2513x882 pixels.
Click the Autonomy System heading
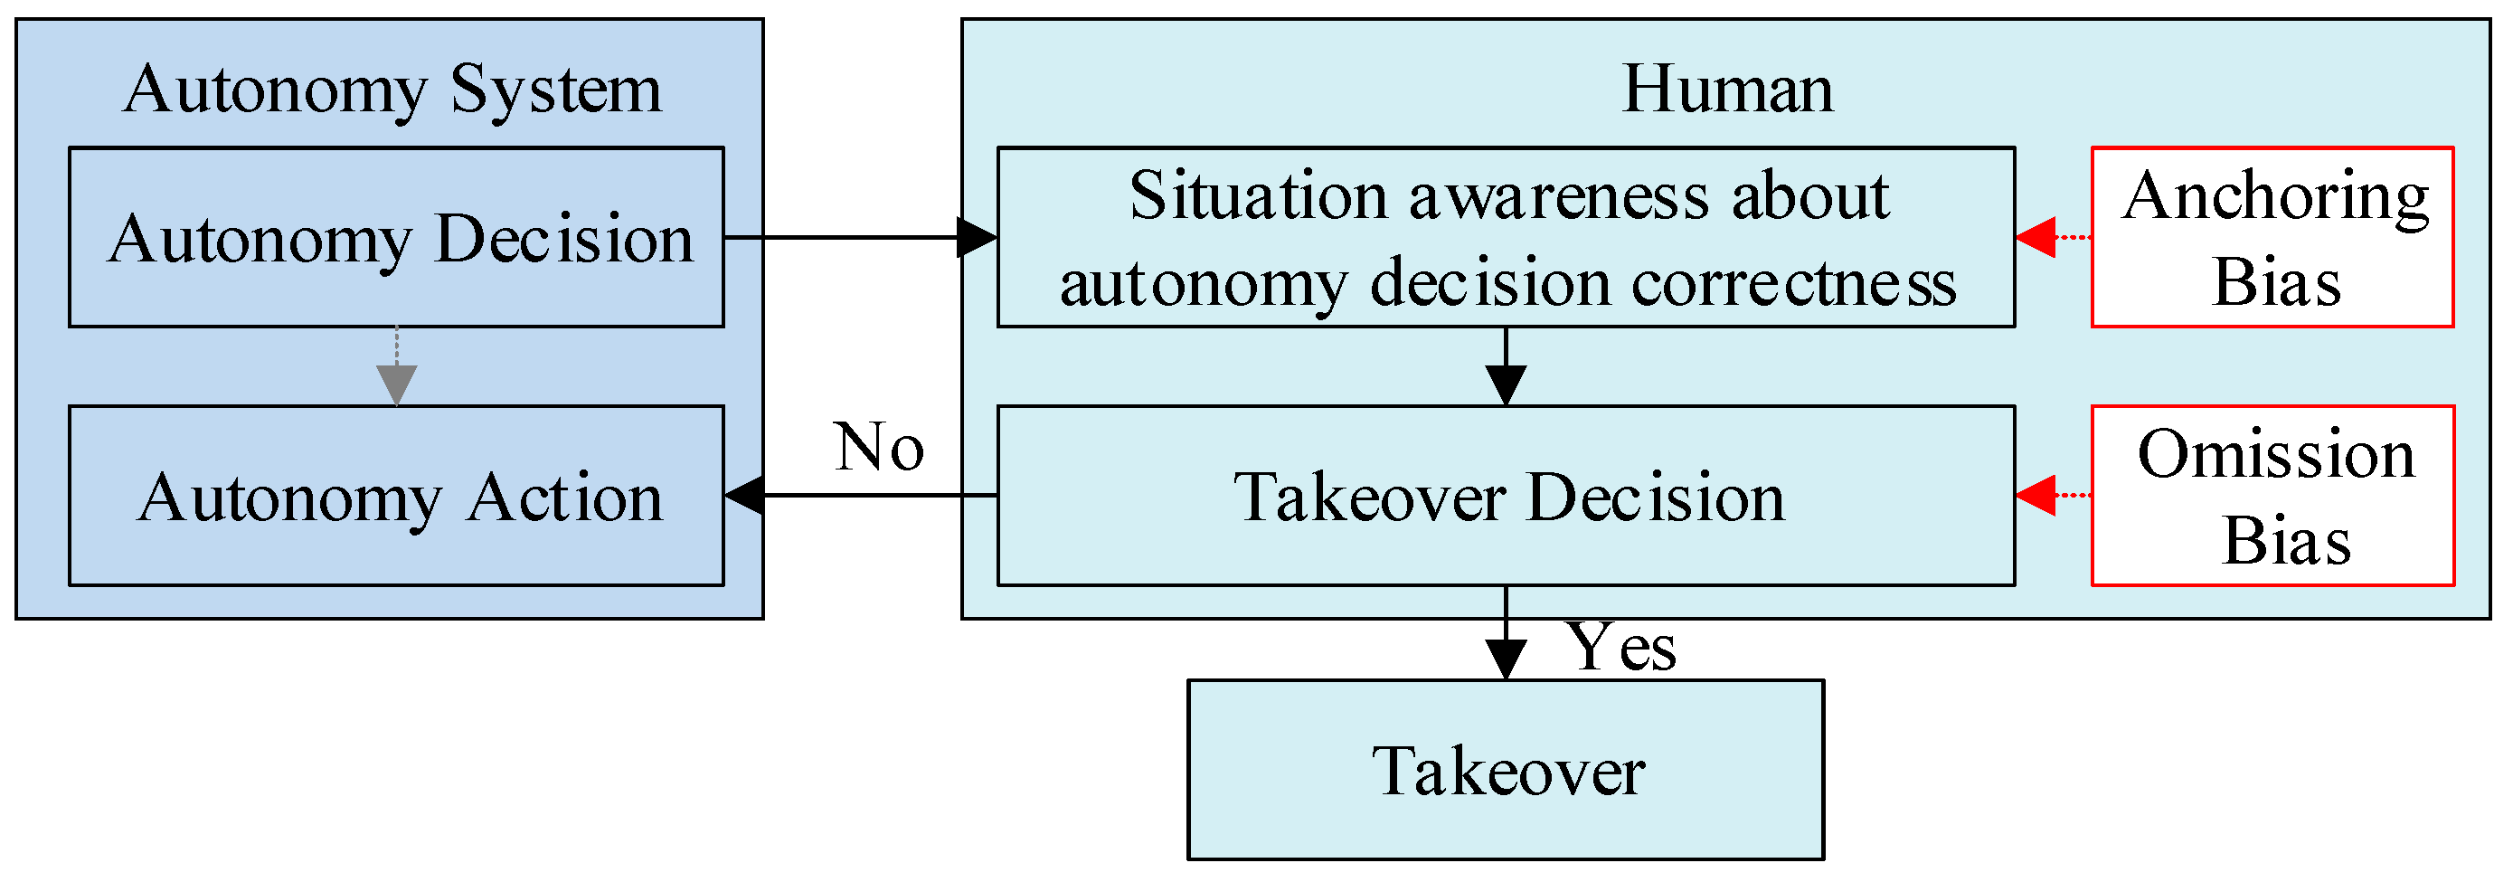[x=392, y=90]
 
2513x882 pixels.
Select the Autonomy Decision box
[x=396, y=237]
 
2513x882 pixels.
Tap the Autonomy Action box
[x=396, y=497]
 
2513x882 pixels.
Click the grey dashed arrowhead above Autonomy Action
[x=397, y=384]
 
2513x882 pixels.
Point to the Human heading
[x=1726, y=90]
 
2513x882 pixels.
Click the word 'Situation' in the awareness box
[x=1259, y=195]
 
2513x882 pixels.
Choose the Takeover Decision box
[x=1506, y=497]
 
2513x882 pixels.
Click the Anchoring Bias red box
[x=2272, y=237]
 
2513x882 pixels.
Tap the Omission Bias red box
[x=2272, y=497]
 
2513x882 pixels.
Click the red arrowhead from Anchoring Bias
[x=2037, y=237]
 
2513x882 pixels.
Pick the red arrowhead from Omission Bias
[x=2037, y=496]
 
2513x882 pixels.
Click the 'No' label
[x=879, y=448]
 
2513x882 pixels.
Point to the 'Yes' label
[x=1620, y=648]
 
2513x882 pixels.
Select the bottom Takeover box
[x=1506, y=771]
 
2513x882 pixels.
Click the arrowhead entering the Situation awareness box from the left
[x=977, y=237]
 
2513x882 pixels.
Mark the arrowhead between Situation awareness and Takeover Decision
[x=1507, y=384]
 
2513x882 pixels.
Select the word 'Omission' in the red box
[x=2276, y=455]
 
